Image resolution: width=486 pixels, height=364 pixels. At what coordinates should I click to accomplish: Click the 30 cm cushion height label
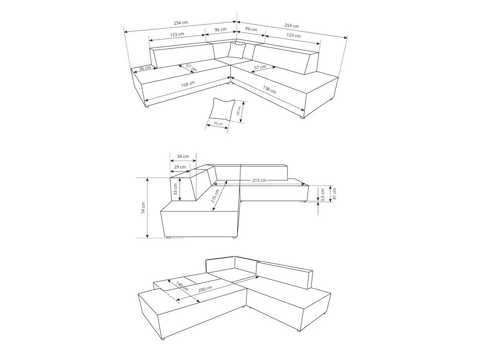point(238,111)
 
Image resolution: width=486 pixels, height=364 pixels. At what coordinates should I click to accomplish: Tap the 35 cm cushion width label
point(218,123)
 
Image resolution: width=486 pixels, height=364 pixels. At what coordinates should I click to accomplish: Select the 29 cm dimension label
point(180,167)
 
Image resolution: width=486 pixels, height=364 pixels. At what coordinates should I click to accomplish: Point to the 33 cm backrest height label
point(175,189)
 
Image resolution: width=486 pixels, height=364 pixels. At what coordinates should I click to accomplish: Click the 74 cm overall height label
point(143,208)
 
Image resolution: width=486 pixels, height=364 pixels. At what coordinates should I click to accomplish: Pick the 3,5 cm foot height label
point(323,195)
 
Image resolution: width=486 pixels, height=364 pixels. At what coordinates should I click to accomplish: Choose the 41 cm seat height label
point(335,194)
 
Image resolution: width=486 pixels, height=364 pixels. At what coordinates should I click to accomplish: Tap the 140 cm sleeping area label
point(182,286)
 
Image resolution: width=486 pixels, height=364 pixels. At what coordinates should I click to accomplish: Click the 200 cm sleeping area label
point(205,289)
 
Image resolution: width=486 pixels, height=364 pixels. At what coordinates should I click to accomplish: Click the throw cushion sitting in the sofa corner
point(237,50)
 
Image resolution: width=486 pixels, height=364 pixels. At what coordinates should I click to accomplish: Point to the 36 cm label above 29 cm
point(183,156)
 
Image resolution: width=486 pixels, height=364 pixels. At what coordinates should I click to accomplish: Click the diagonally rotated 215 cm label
point(215,196)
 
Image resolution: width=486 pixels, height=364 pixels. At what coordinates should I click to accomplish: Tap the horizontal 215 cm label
point(259,180)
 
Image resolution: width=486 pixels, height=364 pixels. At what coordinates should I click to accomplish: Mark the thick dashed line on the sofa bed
point(170,294)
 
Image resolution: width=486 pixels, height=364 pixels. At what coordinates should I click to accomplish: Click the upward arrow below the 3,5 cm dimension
point(318,208)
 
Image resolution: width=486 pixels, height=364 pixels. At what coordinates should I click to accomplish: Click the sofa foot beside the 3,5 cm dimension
point(305,201)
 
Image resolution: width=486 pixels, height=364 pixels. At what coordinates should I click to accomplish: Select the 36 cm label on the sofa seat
point(145,68)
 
